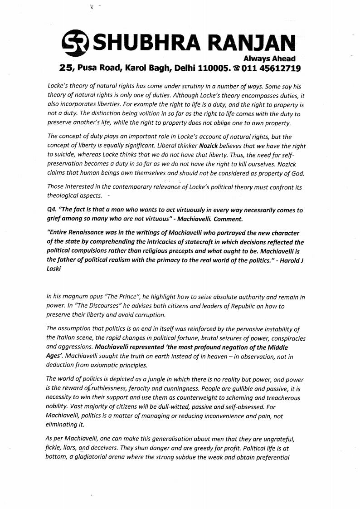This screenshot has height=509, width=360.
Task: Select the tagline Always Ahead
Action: (269, 58)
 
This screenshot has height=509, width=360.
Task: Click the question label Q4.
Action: (52, 210)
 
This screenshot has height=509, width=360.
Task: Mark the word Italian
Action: (67, 338)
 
